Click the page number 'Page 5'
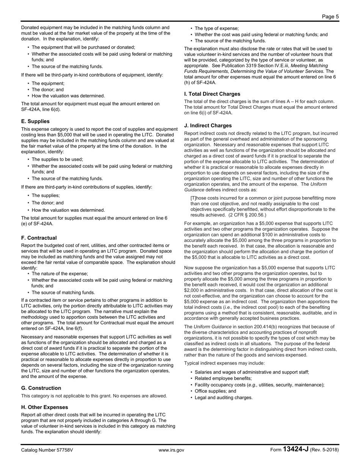pos(330,16)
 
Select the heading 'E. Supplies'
pos(35,121)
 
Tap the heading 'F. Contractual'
pos(39,238)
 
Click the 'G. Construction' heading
pos(41,388)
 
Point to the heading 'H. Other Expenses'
pos(45,407)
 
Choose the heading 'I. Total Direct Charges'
pos(212,94)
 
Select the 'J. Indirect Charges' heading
pos(208,125)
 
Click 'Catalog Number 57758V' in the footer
pos(47,450)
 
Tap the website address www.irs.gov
pos(171,450)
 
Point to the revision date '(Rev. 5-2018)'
pos(324,450)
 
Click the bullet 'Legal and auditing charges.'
pos(223,397)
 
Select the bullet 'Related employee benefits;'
pos(223,378)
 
